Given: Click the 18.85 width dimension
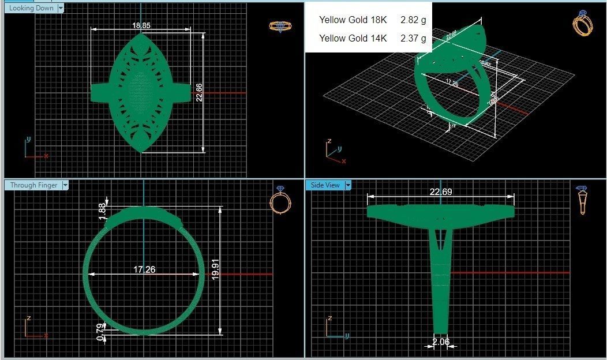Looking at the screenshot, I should click(x=141, y=25).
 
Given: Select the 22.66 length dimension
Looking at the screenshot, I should click(x=199, y=92).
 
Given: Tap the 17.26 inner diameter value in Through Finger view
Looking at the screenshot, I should click(x=144, y=269).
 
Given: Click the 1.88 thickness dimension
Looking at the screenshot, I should click(x=103, y=211).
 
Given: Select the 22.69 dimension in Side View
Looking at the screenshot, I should click(x=440, y=192).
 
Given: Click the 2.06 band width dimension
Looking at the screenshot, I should click(x=440, y=342).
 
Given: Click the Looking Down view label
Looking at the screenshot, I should click(x=31, y=8).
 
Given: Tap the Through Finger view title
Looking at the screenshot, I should click(x=33, y=185).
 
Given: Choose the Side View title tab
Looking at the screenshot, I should click(x=325, y=185).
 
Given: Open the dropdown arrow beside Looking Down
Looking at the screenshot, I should click(x=61, y=8).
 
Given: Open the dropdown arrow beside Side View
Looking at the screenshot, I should click(x=348, y=185).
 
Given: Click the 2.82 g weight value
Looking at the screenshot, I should click(x=413, y=20).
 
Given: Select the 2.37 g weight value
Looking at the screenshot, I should click(x=413, y=39).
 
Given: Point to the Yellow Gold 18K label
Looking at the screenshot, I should click(x=353, y=20).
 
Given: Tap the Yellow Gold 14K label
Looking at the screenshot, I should click(x=353, y=39).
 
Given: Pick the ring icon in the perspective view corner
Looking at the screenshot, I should click(x=583, y=23).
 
